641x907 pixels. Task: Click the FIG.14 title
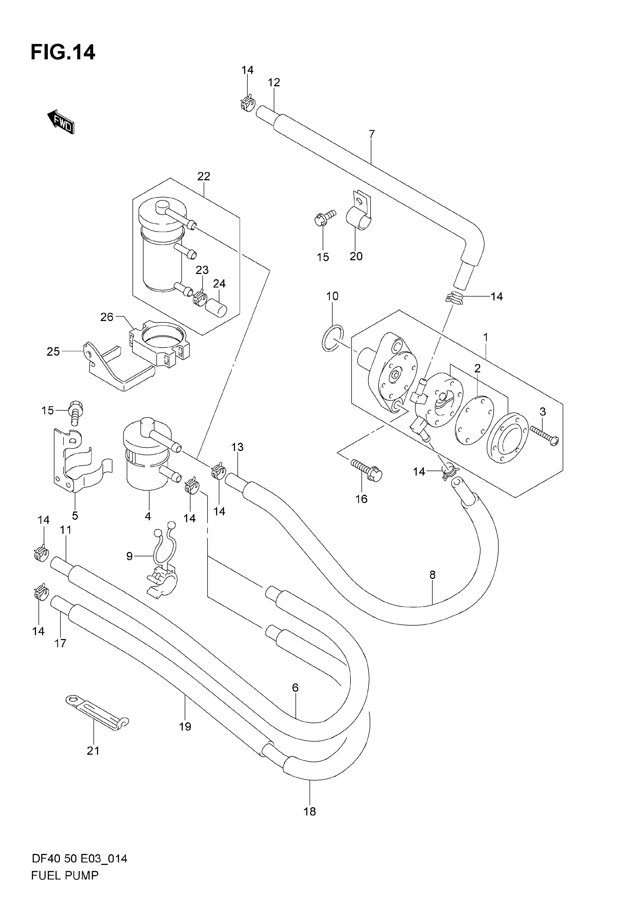[63, 52]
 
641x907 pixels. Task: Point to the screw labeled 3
[544, 435]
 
